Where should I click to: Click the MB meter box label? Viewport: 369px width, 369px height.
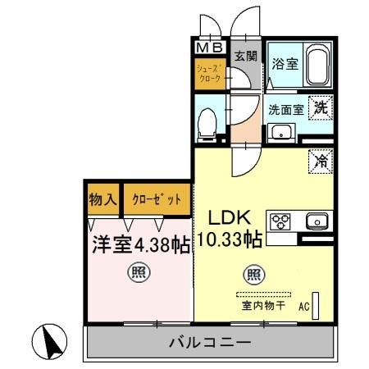click(x=210, y=48)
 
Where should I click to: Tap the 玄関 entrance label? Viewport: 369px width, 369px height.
click(x=246, y=56)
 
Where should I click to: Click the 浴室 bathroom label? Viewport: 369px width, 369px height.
click(x=285, y=64)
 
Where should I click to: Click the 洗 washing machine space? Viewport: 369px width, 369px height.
click(x=321, y=107)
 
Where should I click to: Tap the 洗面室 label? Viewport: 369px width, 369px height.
click(x=286, y=110)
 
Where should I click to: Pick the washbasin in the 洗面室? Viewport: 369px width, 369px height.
click(x=281, y=133)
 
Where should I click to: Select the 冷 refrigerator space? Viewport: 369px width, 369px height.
click(x=321, y=162)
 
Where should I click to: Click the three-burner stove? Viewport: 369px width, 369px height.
click(x=280, y=221)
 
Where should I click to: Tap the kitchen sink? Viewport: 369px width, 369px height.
click(x=317, y=221)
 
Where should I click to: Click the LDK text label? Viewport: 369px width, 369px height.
click(x=230, y=217)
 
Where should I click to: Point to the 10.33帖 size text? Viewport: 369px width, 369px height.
click(x=230, y=239)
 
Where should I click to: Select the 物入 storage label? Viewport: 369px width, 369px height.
click(x=103, y=199)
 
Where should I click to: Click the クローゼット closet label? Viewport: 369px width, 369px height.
click(x=157, y=199)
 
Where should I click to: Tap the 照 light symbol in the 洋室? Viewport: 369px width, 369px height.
click(x=139, y=272)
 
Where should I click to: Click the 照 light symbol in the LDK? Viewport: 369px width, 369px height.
click(x=254, y=274)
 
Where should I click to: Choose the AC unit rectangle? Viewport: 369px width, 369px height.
click(x=316, y=306)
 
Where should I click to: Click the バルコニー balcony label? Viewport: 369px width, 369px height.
click(x=210, y=342)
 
